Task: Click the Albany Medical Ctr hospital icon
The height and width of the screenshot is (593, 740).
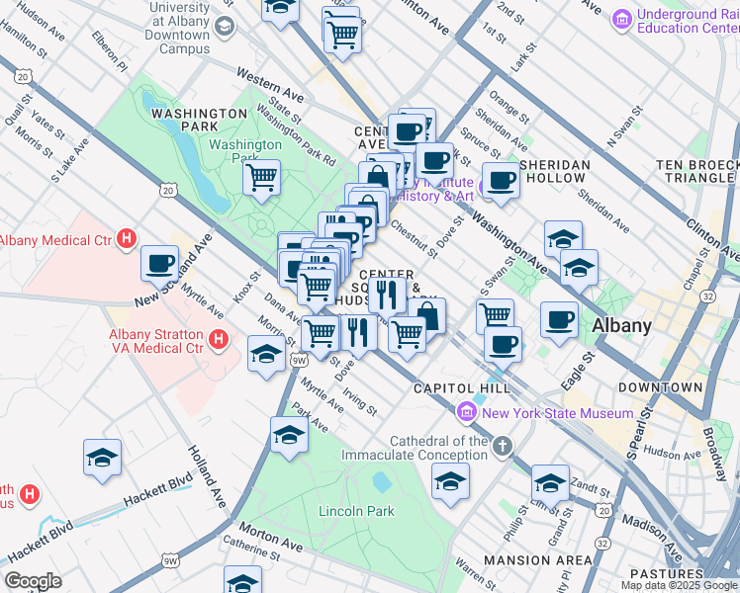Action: pyautogui.click(x=127, y=238)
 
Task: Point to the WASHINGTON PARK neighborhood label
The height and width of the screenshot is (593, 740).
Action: pyautogui.click(x=199, y=114)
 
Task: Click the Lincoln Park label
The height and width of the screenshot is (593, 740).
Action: pyautogui.click(x=356, y=511)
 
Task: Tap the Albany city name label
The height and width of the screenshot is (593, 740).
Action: pyautogui.click(x=621, y=326)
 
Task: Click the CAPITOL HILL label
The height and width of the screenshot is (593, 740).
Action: pyautogui.click(x=462, y=387)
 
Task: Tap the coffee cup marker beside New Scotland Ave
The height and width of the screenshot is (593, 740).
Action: pyautogui.click(x=159, y=263)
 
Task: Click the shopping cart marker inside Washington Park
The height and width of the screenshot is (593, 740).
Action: pyautogui.click(x=261, y=178)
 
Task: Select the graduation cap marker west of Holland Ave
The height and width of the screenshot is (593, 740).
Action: pyautogui.click(x=102, y=458)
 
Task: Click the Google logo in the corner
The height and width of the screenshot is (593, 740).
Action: pyautogui.click(x=33, y=580)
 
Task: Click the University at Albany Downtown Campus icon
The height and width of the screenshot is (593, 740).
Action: pyautogui.click(x=225, y=27)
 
